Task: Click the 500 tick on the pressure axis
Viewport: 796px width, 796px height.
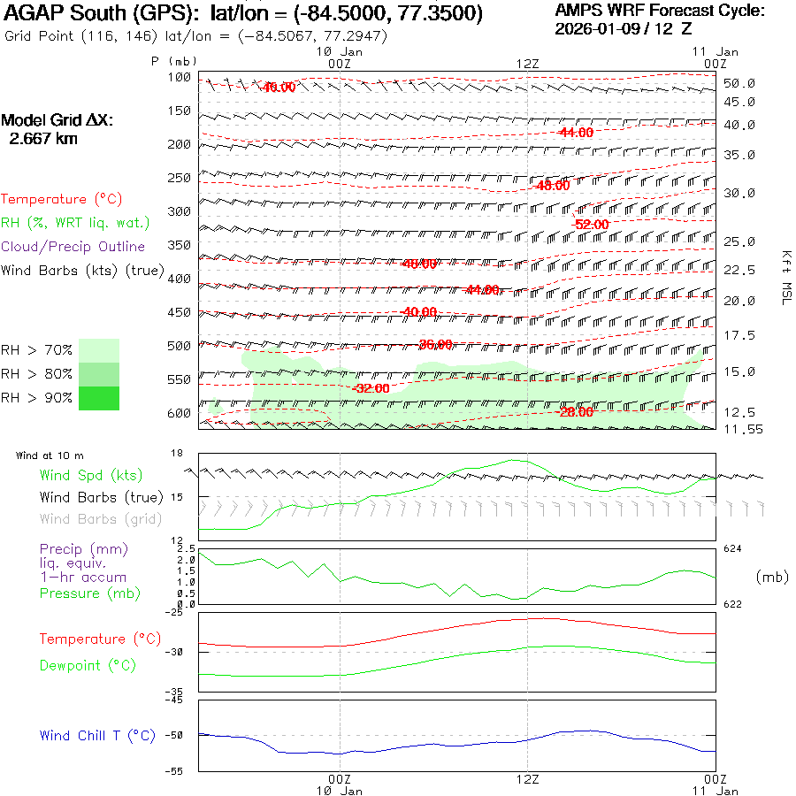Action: (180, 346)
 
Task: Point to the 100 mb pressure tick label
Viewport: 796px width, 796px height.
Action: (180, 77)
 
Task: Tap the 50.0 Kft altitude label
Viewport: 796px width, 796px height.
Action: (739, 83)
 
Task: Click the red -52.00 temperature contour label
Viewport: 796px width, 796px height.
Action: (590, 225)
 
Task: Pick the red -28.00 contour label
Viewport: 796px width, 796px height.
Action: (576, 412)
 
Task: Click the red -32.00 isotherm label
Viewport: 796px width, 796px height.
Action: (371, 388)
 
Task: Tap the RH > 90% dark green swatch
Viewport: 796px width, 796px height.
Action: (98, 398)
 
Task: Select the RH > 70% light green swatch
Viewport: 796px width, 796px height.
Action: (98, 350)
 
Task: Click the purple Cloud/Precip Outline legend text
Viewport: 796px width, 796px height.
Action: (73, 247)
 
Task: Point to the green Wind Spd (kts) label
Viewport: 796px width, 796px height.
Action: (90, 476)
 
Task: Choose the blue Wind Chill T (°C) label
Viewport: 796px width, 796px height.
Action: (97, 736)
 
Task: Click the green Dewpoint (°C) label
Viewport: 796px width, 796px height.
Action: (88, 665)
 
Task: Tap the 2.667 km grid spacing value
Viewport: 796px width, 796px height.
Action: (43, 139)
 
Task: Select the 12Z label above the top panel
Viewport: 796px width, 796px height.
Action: (527, 64)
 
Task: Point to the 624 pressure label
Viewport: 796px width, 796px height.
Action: (732, 549)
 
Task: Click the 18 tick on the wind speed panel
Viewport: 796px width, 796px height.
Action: (176, 454)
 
